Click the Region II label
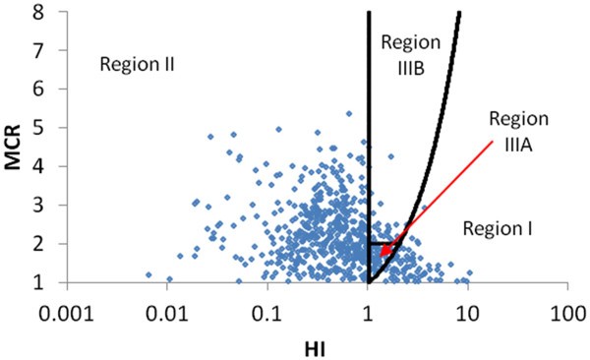tap(138, 65)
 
